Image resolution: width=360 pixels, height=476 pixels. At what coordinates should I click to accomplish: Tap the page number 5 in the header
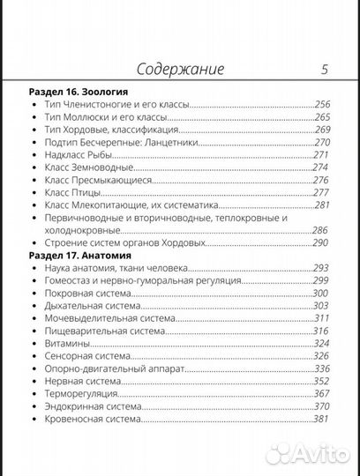[x=325, y=69]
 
